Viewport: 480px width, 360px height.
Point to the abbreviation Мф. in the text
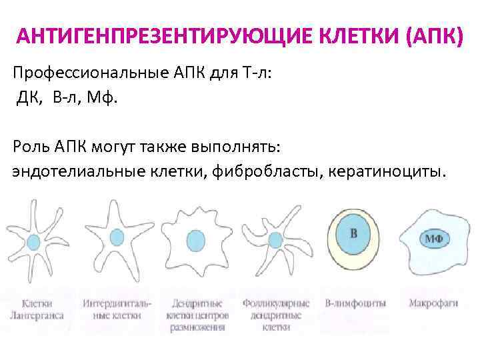tap(106, 99)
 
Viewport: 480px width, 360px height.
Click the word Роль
tap(30, 146)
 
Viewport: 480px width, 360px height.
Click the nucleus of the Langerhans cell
tap(37, 238)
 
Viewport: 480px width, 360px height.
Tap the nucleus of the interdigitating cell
tap(117, 236)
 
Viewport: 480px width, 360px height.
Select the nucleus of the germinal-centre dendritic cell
tap(195, 239)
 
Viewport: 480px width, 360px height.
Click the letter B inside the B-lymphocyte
tap(353, 234)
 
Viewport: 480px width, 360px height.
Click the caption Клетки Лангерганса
tap(37, 309)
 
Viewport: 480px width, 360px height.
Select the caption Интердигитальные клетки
tap(117, 309)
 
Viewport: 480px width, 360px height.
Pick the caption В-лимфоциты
tap(355, 303)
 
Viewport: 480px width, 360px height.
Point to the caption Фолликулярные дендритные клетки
tap(275, 315)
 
